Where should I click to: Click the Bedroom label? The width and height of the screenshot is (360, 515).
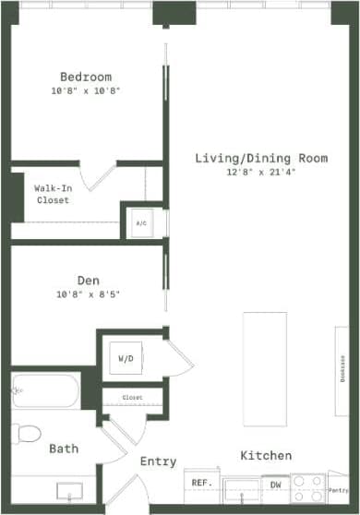tap(86, 76)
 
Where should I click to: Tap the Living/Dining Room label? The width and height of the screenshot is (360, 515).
tap(261, 158)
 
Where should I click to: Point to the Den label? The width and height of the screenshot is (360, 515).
tap(89, 280)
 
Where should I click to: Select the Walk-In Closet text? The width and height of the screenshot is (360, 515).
tap(53, 194)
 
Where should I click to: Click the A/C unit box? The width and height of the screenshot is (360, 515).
tap(141, 223)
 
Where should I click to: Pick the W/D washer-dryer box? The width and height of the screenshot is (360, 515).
tap(125, 357)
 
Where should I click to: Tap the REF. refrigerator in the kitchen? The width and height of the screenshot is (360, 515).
tap(199, 483)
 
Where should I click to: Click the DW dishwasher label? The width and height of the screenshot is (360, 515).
tap(275, 483)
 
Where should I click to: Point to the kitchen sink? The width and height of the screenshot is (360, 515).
tap(242, 486)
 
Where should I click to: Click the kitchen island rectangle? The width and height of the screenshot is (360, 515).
tap(265, 368)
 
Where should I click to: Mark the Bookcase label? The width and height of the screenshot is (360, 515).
tap(342, 368)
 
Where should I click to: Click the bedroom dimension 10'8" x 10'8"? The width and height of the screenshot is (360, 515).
tap(86, 91)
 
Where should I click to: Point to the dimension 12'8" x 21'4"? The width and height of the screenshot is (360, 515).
tap(261, 173)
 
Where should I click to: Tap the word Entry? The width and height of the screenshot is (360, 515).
tap(158, 461)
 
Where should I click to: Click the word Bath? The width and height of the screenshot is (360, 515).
tap(64, 449)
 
